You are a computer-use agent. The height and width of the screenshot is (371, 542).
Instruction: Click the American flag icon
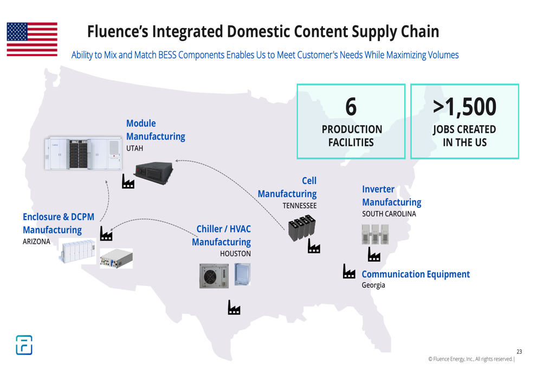[x=32, y=39]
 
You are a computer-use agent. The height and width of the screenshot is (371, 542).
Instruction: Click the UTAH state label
[x=134, y=148]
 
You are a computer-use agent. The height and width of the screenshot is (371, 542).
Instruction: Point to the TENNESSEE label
[x=299, y=205]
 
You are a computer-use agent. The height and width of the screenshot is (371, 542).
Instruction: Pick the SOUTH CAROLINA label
[x=389, y=214]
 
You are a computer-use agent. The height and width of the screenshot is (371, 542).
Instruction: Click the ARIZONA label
[x=36, y=242]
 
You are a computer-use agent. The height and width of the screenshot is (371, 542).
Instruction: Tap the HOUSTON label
[x=235, y=253]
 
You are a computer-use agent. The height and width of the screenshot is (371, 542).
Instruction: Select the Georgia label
[x=373, y=285]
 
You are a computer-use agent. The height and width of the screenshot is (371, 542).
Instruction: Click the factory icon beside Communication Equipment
[x=349, y=271]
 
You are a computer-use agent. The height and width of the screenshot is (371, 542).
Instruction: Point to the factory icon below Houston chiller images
[x=234, y=307]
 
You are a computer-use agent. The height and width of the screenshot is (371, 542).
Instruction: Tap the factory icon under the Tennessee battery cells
[x=314, y=246]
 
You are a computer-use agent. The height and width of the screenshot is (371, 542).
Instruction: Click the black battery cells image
[x=302, y=227]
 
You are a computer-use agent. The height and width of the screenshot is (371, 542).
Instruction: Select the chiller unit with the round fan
[x=214, y=276]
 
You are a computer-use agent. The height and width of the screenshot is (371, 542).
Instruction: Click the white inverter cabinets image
[x=375, y=234]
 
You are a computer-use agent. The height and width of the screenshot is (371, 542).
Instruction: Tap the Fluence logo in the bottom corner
[x=24, y=345]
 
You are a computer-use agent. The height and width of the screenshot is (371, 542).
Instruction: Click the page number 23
[x=519, y=352]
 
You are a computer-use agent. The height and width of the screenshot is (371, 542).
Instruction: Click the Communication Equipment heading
[x=416, y=274]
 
